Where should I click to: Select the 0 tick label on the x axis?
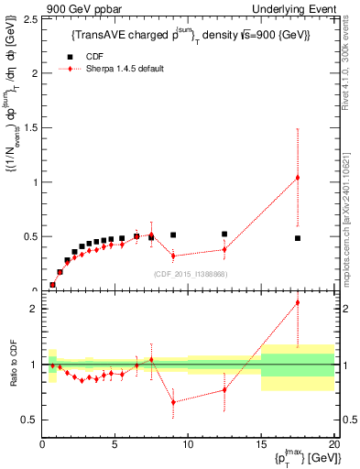tap(42, 443)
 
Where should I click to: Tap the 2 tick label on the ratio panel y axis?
tap(33, 309)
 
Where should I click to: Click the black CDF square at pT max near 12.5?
tap(224, 234)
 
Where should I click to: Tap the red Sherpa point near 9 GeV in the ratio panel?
tap(173, 402)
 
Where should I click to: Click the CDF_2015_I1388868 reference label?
tap(190, 274)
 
